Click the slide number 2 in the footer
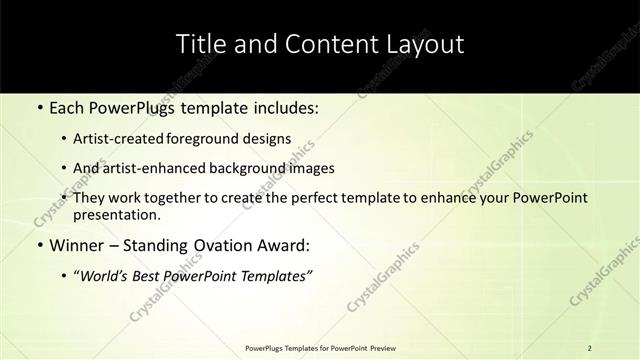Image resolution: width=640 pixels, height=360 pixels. click(590, 347)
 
